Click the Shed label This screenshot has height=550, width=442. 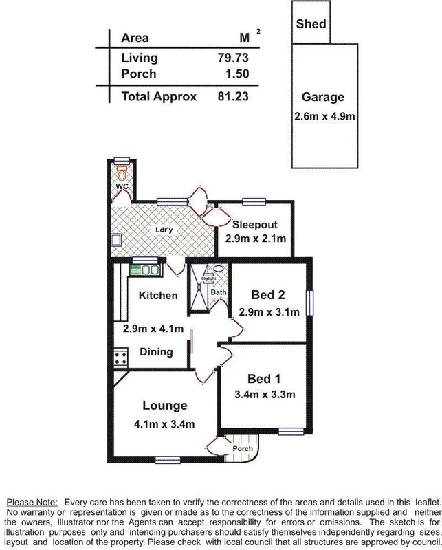[x=311, y=24]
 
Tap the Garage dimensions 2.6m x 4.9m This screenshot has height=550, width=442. [x=324, y=115]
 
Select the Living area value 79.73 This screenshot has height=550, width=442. [x=232, y=58]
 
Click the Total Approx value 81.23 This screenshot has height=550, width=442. [x=232, y=97]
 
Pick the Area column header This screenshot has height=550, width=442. [x=135, y=38]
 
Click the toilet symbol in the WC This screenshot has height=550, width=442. [x=122, y=171]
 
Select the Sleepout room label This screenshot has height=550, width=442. [x=254, y=225]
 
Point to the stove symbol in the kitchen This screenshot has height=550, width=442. [x=121, y=357]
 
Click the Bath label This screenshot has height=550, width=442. [x=219, y=293]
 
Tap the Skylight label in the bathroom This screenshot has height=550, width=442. [x=208, y=278]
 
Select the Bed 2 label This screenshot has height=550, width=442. [x=268, y=295]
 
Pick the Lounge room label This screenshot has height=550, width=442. [x=165, y=406]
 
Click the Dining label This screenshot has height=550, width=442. [x=155, y=351]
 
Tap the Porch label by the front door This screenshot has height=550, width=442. [x=243, y=448]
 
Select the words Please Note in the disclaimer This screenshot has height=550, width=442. [x=32, y=503]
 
